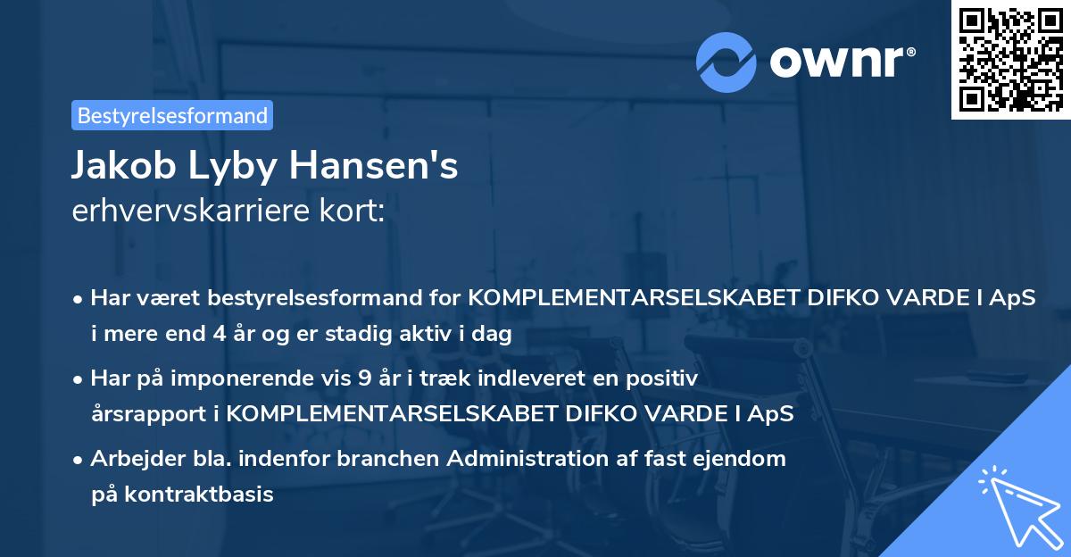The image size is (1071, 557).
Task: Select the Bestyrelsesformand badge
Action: (172, 115)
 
